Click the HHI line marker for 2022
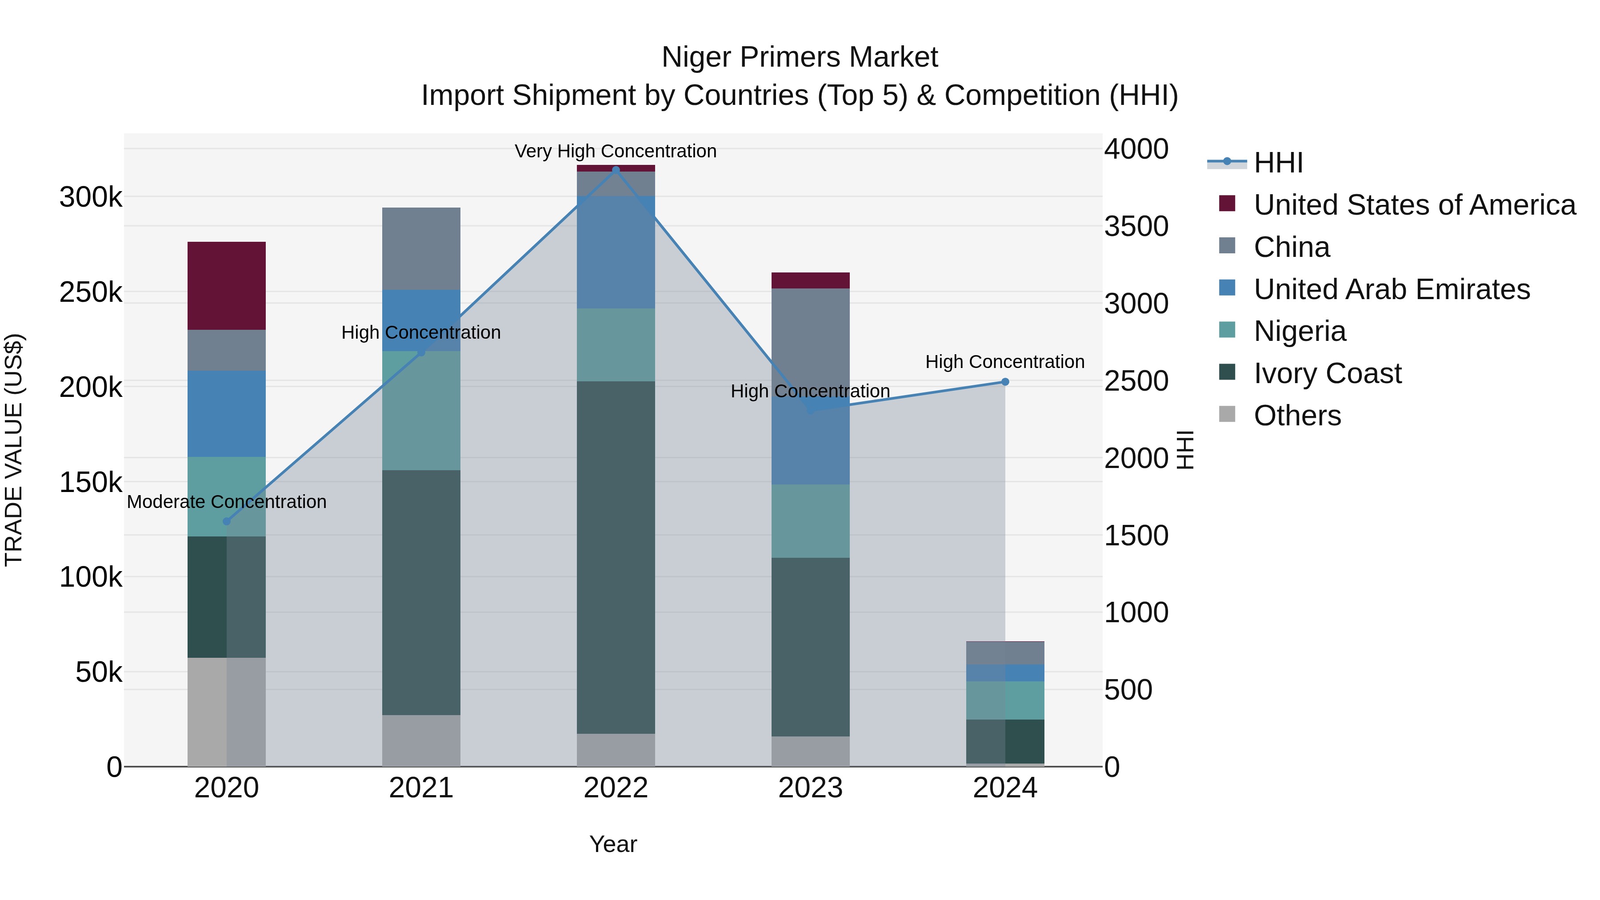click(x=616, y=170)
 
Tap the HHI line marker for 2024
click(x=1005, y=382)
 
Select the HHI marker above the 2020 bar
click(x=227, y=521)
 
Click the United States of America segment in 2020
click(x=227, y=286)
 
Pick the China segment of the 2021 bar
click(x=421, y=248)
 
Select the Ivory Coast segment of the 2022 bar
click(x=616, y=557)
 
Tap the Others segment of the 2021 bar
click(x=421, y=740)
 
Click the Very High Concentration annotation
click(x=616, y=151)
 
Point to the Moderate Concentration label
click(x=227, y=501)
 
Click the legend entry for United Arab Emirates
click(x=1391, y=289)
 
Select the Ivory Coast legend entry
click(x=1327, y=373)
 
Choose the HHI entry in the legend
click(x=1278, y=163)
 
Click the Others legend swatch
click(x=1227, y=414)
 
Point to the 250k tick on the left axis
click(x=91, y=292)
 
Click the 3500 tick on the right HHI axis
click(x=1136, y=227)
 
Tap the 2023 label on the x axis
click(x=811, y=788)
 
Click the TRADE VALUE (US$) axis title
click(x=14, y=450)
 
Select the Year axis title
click(x=613, y=844)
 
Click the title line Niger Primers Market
click(x=800, y=57)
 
